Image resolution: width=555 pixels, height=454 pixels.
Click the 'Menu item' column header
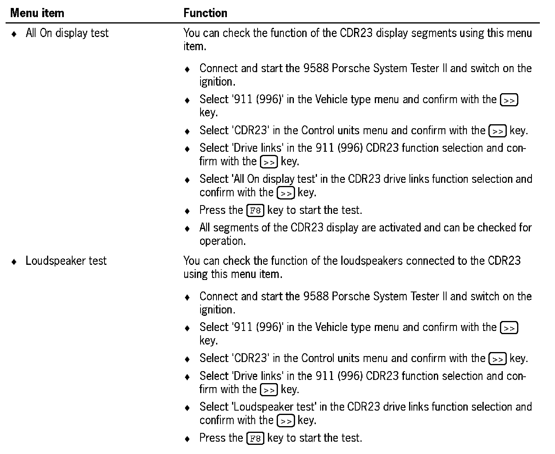pyautogui.click(x=37, y=13)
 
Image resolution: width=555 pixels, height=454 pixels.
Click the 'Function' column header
pyautogui.click(x=205, y=13)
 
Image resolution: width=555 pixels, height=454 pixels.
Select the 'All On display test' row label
pyautogui.click(x=67, y=33)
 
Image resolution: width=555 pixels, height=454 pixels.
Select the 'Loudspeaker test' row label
pyautogui.click(x=66, y=261)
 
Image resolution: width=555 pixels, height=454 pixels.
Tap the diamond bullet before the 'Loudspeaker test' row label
pyautogui.click(x=14, y=262)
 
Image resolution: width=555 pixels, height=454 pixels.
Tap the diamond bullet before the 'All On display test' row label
pyautogui.click(x=14, y=34)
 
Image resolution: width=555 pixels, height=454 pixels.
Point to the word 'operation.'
pyautogui.click(x=222, y=241)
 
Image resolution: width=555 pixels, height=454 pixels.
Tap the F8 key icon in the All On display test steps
pyautogui.click(x=255, y=210)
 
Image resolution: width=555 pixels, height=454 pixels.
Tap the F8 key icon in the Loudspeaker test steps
pyautogui.click(x=255, y=438)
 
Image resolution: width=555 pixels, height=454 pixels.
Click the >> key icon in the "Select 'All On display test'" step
pyautogui.click(x=286, y=193)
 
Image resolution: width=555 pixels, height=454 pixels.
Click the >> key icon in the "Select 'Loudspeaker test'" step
pyautogui.click(x=286, y=421)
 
